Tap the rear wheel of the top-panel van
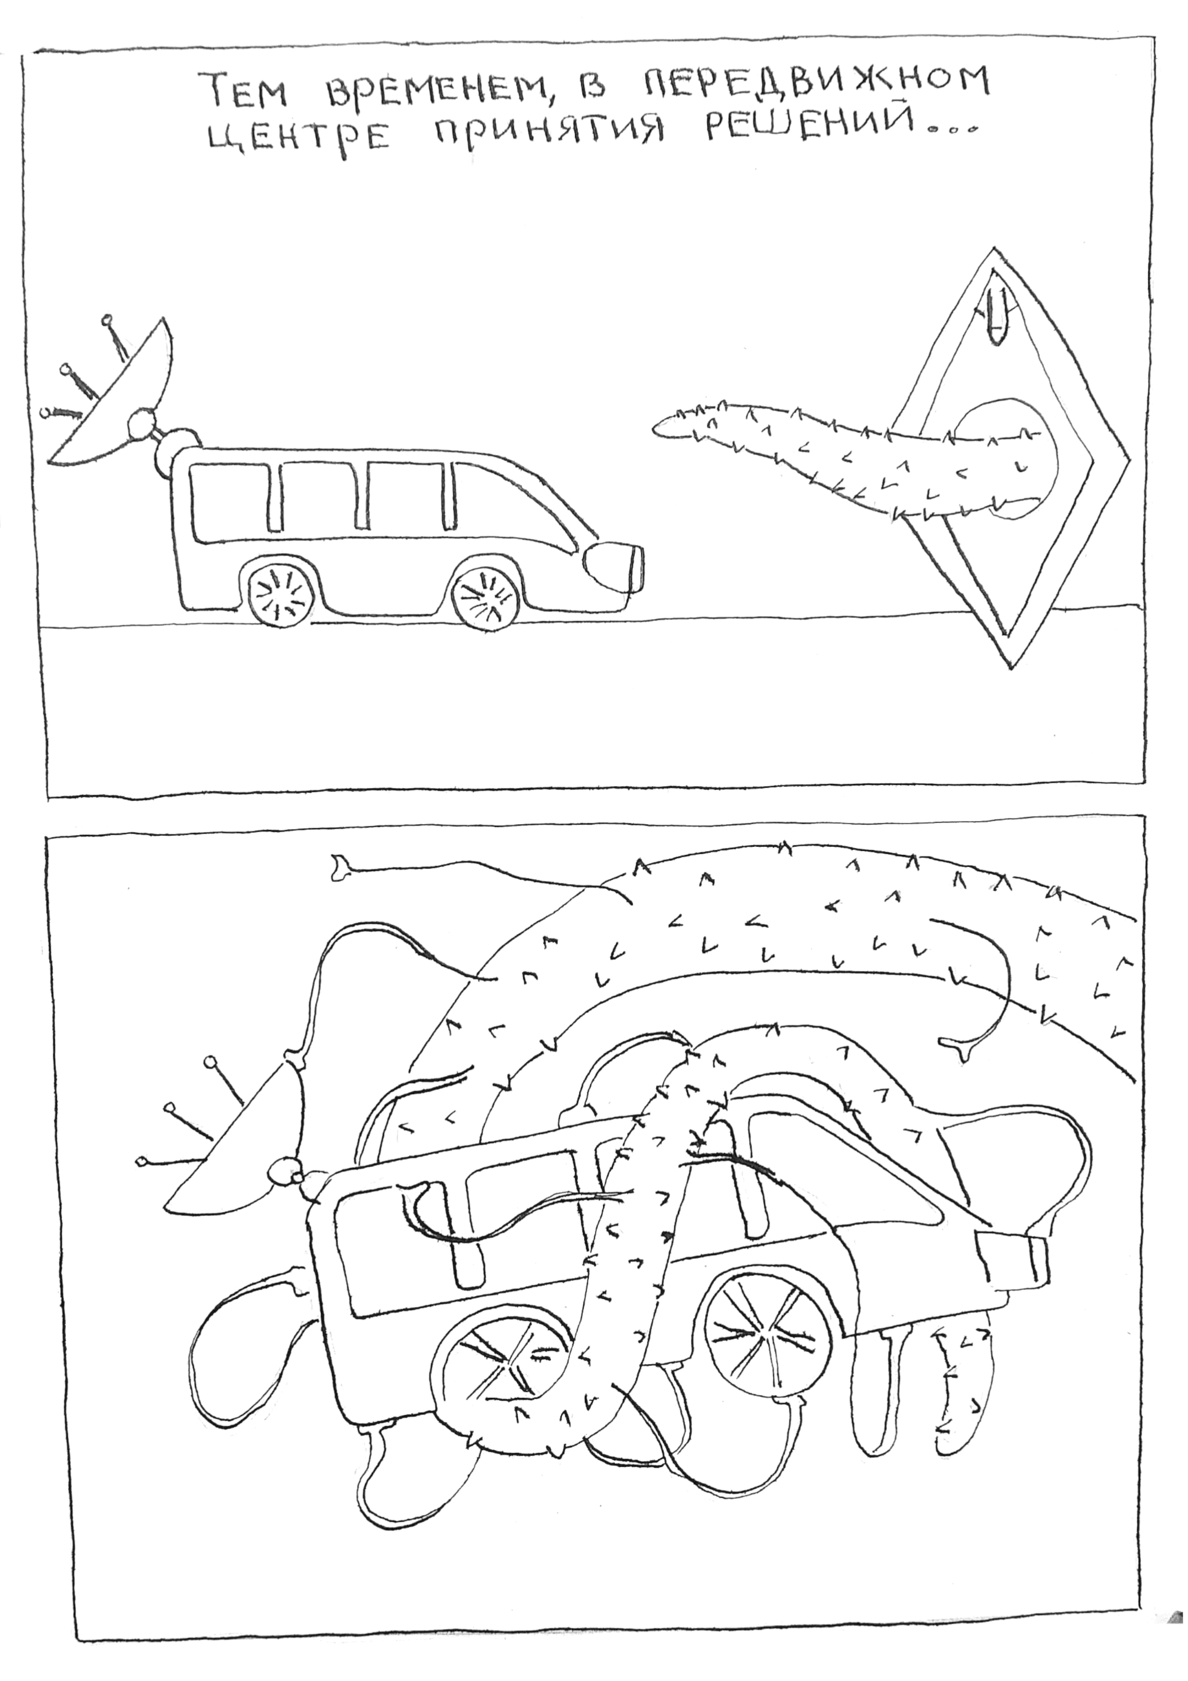pyautogui.click(x=280, y=595)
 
